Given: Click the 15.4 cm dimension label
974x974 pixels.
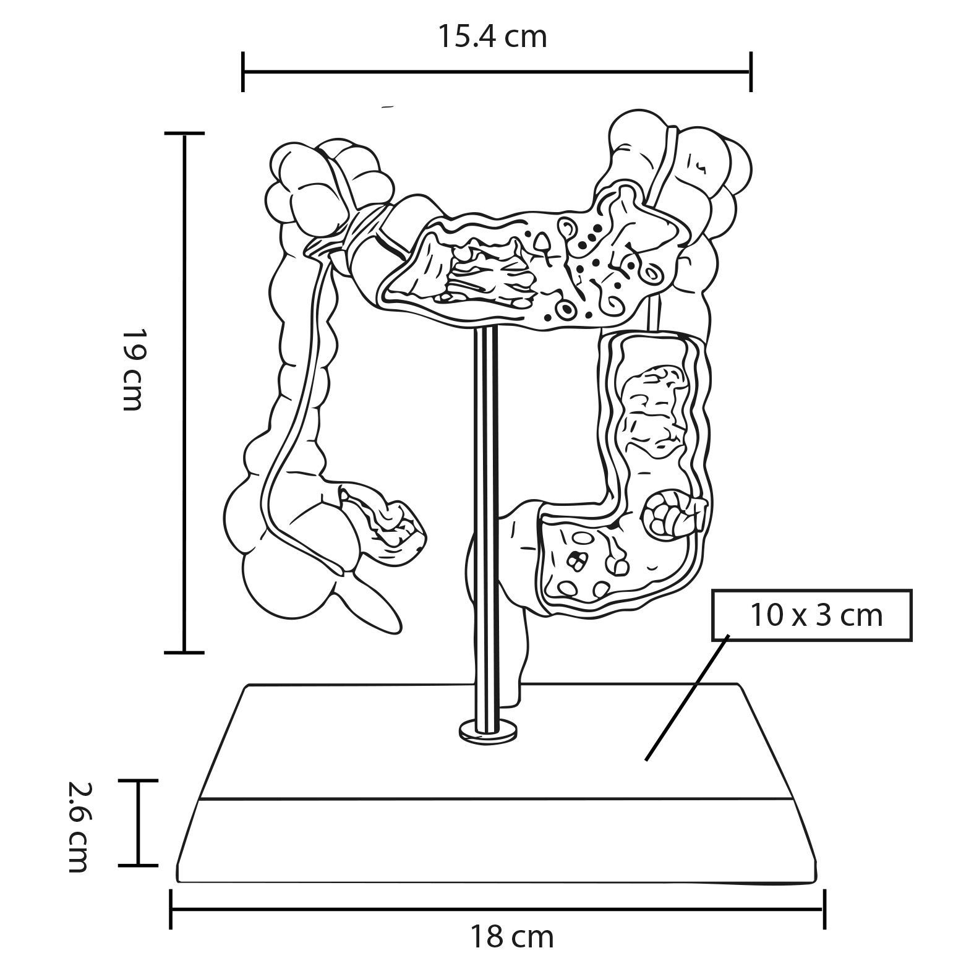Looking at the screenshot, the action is [x=492, y=37].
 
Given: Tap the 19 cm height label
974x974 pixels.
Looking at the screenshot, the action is [x=132, y=369].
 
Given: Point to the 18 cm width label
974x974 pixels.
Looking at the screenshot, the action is [x=512, y=938].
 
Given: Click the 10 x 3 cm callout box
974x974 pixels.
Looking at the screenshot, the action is [x=811, y=615].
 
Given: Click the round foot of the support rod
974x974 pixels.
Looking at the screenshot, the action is [x=489, y=728].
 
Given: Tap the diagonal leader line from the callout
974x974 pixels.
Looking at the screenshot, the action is [x=687, y=697].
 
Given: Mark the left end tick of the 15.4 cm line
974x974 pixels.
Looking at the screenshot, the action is [x=243, y=72].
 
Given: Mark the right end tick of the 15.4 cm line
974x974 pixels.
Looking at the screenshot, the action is [x=751, y=72].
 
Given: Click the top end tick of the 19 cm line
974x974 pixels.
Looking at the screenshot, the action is [x=184, y=133].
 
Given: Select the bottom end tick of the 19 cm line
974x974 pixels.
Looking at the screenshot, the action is [x=184, y=652].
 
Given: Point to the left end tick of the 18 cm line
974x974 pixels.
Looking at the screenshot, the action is [x=171, y=909].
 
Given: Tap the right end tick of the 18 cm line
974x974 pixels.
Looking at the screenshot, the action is [x=824, y=909].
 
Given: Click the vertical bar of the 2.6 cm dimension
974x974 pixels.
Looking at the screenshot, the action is [x=138, y=823].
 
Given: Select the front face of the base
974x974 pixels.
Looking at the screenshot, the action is [x=497, y=840].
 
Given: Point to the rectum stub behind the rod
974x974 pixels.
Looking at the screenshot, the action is [x=516, y=656].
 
